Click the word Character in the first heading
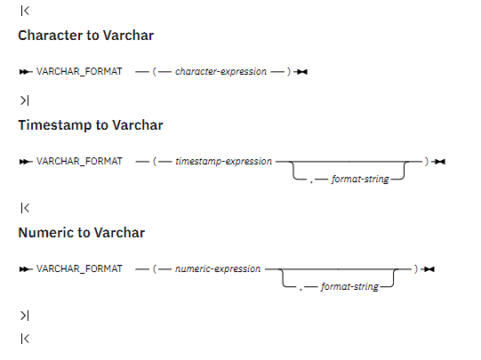(x=51, y=36)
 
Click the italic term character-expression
(x=220, y=72)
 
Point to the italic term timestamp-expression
(x=224, y=162)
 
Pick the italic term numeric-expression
(x=218, y=269)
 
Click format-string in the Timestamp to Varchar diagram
(x=360, y=179)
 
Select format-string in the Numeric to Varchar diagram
(x=349, y=286)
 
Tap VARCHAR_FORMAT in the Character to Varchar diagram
(x=79, y=72)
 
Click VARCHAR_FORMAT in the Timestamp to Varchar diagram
(x=79, y=161)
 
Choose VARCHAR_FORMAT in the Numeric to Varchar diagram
(x=79, y=269)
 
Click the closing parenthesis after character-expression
(x=289, y=72)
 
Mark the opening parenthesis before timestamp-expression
(x=155, y=162)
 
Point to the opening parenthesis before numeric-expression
(x=155, y=269)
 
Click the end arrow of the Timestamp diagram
(x=438, y=162)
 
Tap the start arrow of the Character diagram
(x=26, y=72)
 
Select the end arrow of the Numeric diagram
(x=428, y=269)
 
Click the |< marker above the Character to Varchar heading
(x=25, y=11)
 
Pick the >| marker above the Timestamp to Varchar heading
(x=25, y=100)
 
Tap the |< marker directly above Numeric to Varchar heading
(x=25, y=208)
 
